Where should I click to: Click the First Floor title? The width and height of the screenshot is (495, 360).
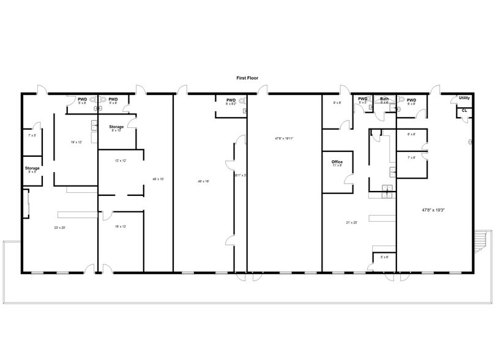(247, 78)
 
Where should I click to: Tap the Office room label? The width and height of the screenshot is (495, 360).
(337, 162)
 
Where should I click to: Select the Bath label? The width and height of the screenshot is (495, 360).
(384, 99)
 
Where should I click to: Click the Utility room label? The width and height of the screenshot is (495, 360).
(464, 98)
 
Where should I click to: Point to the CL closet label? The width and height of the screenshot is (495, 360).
(464, 110)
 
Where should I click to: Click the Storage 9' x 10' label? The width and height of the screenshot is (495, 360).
(116, 127)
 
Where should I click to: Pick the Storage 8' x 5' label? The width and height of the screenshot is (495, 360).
(32, 168)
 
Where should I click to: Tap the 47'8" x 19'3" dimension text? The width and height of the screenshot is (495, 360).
(433, 210)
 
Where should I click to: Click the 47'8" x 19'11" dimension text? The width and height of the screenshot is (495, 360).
(284, 138)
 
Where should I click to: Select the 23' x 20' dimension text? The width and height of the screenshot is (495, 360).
(59, 228)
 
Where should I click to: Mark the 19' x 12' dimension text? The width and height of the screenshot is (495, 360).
(76, 142)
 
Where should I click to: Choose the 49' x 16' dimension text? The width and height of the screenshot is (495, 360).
(203, 181)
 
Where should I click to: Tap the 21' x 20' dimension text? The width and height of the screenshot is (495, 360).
(351, 223)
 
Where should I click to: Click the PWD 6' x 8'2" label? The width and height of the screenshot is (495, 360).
(231, 101)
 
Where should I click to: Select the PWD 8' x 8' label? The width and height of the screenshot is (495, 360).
(411, 101)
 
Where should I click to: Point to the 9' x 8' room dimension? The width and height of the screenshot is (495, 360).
(337, 103)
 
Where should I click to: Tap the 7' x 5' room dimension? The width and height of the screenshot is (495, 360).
(32, 135)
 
